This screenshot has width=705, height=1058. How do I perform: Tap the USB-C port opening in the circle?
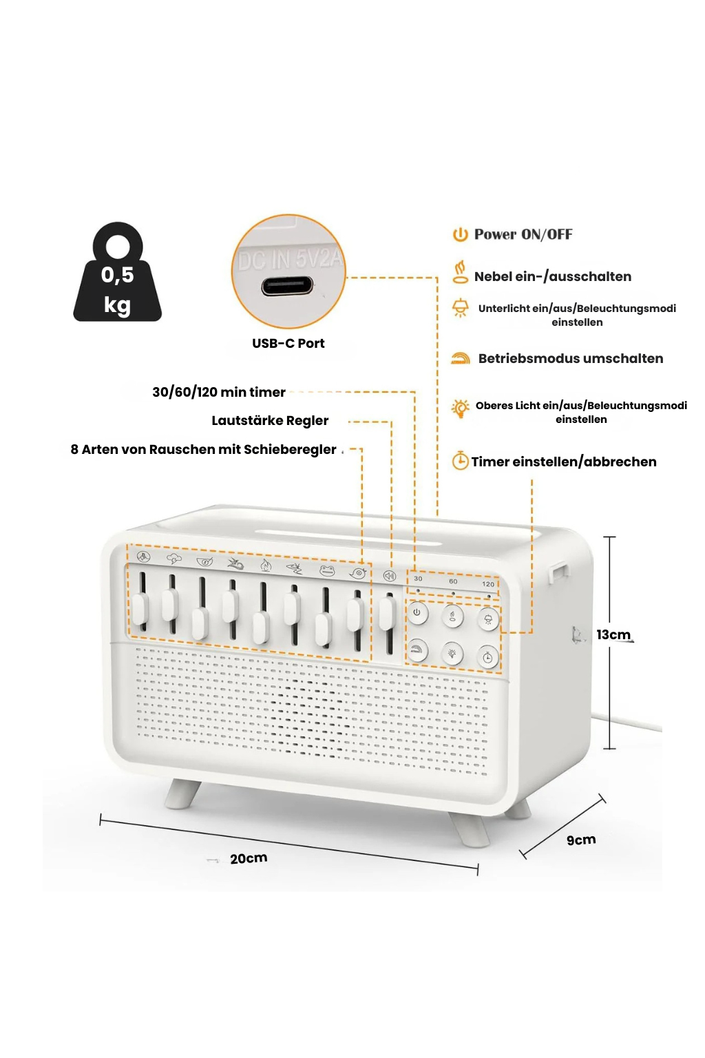tap(287, 286)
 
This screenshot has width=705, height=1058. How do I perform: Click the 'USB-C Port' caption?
tap(288, 343)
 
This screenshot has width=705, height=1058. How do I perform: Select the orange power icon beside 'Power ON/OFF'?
tap(460, 234)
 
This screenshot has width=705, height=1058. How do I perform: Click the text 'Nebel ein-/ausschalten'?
tap(552, 276)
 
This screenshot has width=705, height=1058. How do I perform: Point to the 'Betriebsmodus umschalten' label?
tap(570, 358)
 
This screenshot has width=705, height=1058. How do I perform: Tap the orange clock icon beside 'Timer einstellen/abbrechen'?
tap(460, 461)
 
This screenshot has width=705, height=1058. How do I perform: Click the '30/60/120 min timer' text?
tap(218, 392)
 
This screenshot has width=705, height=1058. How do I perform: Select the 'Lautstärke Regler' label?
tap(270, 420)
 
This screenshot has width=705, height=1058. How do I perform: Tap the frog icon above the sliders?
tap(326, 570)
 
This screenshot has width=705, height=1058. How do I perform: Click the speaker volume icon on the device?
tap(390, 576)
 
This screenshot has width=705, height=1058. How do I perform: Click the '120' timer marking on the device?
tap(488, 584)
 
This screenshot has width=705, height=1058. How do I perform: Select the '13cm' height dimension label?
tap(613, 634)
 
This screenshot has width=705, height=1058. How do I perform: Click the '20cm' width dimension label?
tap(249, 858)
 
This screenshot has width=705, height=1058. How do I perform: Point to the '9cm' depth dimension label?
tap(581, 840)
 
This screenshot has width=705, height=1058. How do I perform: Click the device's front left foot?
tap(181, 793)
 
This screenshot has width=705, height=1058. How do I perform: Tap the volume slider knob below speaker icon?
tap(386, 612)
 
